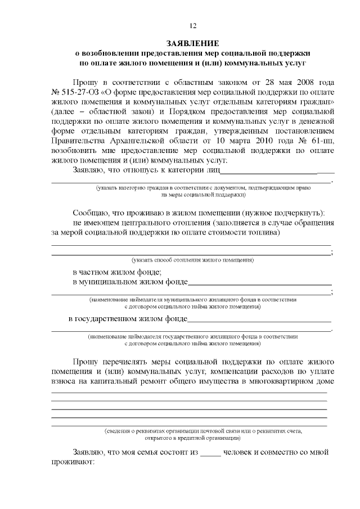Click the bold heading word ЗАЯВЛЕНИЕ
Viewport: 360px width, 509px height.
point(193,43)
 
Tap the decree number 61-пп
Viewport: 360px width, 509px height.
point(323,140)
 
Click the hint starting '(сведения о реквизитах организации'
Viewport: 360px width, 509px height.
point(203,431)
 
